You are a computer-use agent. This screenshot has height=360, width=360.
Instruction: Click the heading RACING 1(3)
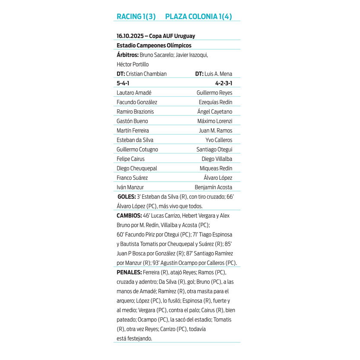point(136,16)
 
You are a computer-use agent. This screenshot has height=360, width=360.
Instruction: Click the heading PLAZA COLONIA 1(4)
point(198,16)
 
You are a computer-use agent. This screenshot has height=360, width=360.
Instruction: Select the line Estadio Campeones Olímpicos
point(154,45)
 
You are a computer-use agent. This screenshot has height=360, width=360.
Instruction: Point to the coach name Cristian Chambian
point(146,74)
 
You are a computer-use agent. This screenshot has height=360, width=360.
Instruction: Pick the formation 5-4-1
point(123,83)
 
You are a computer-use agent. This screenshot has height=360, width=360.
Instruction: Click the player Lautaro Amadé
point(134,93)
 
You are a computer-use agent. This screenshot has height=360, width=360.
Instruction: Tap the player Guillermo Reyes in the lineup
point(214,93)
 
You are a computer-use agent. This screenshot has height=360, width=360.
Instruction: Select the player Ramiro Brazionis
point(135,112)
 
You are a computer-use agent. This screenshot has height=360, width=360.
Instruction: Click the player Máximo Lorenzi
point(215,121)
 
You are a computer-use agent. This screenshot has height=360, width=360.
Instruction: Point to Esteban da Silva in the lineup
point(135,140)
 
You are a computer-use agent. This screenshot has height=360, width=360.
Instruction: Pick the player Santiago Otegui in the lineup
point(214,150)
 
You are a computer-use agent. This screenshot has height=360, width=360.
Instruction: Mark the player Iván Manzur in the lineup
point(130,188)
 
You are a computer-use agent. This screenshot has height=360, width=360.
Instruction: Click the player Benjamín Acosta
point(213,188)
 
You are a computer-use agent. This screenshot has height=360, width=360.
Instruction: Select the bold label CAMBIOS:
point(129,216)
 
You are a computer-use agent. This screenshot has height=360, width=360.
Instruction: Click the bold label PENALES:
point(129,273)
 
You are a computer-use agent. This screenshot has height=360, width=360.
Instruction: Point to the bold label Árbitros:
point(127,55)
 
